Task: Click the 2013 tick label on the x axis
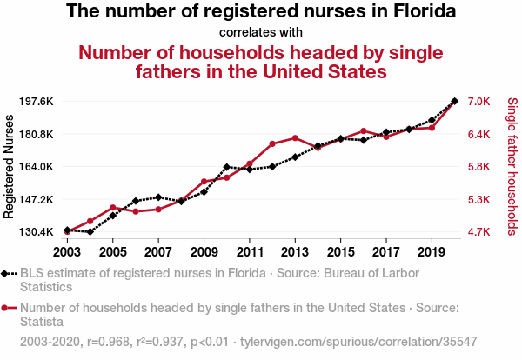pos(295,252)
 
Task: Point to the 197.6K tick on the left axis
pos(36,102)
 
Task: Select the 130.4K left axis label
pos(36,232)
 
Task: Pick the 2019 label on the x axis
pos(432,252)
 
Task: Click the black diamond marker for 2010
pos(226,167)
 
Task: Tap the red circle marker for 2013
pos(295,138)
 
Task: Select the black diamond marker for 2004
pos(90,232)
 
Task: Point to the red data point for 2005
pos(113,208)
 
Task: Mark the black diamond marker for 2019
pos(432,120)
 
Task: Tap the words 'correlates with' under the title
pos(261,33)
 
